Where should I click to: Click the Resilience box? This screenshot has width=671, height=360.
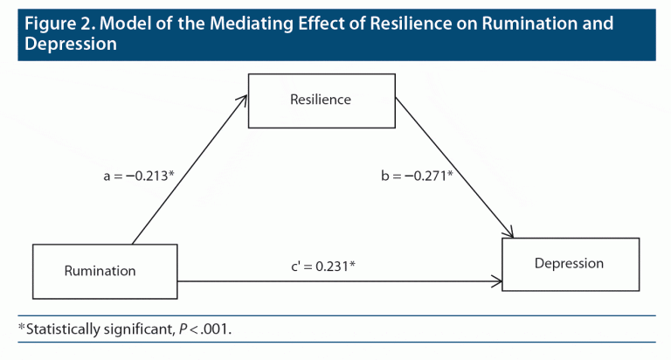pyautogui.click(x=321, y=100)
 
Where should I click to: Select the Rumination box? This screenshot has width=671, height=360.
pyautogui.click(x=105, y=270)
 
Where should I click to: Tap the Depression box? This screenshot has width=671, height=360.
pyautogui.click(x=569, y=263)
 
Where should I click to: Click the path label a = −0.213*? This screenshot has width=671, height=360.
pyautogui.click(x=139, y=176)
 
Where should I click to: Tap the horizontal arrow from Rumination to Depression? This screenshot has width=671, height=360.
pyautogui.click(x=341, y=281)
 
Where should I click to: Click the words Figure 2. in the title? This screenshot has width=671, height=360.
pyautogui.click(x=58, y=24)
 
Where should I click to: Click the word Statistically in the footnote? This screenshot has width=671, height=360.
pyautogui.click(x=68, y=329)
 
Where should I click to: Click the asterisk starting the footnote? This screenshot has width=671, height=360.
pyautogui.click(x=22, y=329)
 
